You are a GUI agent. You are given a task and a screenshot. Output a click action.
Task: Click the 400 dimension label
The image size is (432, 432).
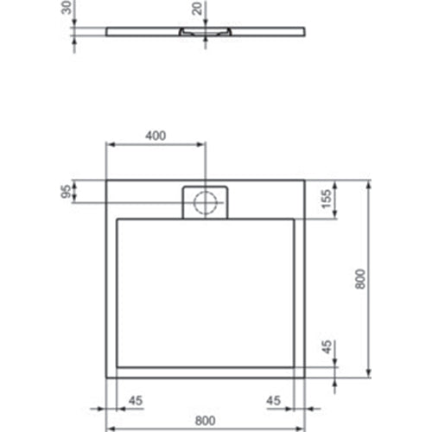pyautogui.click(x=156, y=136)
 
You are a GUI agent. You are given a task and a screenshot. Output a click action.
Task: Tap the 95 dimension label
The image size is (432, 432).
pyautogui.click(x=65, y=192)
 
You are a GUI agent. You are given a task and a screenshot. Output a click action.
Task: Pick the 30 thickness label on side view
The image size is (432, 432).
pyautogui.click(x=66, y=10)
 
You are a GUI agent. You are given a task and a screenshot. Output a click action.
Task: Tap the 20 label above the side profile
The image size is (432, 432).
pyautogui.click(x=197, y=10)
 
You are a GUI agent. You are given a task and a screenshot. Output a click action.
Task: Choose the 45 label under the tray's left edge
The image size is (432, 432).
pyautogui.click(x=135, y=400)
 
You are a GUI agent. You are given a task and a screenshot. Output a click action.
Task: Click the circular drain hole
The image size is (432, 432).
pyautogui.click(x=206, y=202)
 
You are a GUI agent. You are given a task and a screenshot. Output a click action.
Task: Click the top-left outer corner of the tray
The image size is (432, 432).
pyautogui.click(x=106, y=181)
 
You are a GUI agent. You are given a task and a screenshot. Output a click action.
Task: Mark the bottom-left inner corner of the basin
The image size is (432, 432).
pyautogui.click(x=116, y=366)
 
